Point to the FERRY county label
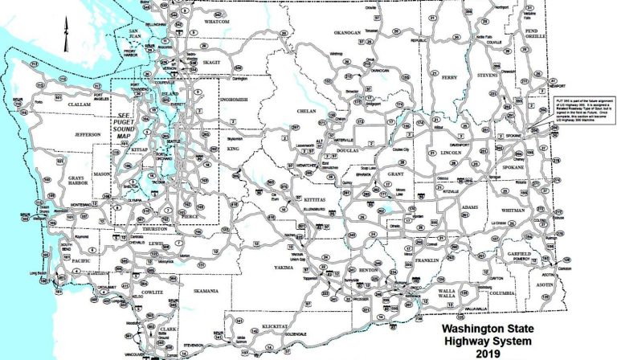(x=449, y=77)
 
